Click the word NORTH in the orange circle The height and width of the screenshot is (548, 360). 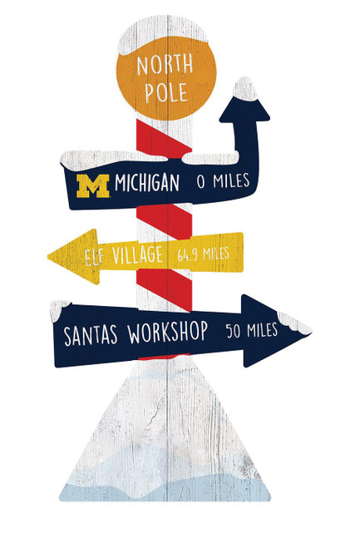tap(165, 65)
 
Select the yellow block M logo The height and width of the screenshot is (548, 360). tap(93, 184)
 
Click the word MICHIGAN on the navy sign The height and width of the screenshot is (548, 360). tap(146, 183)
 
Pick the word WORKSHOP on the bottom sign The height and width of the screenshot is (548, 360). tap(168, 333)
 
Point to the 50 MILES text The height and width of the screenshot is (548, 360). tap(252, 332)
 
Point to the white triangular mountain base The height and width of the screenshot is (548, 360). tap(166, 432)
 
